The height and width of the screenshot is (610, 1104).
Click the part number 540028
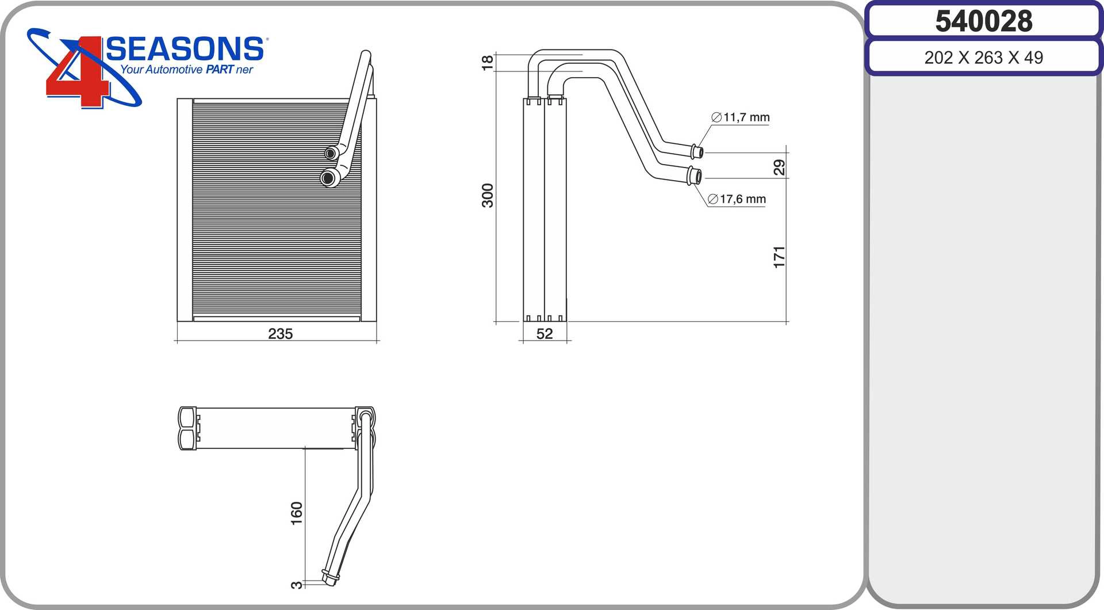click(983, 21)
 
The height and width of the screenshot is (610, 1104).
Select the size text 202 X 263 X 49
click(983, 58)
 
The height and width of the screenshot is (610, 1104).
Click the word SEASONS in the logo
click(185, 49)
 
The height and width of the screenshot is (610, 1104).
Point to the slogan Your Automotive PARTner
click(186, 70)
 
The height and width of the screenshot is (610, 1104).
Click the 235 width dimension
click(280, 334)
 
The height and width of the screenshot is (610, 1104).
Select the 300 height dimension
click(488, 195)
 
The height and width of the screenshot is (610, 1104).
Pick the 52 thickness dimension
click(544, 334)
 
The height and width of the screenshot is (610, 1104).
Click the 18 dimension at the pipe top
click(488, 62)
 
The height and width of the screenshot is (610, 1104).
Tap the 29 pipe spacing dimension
click(779, 167)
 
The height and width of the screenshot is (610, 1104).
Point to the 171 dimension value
click(779, 257)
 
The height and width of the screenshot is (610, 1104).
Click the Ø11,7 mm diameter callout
click(741, 117)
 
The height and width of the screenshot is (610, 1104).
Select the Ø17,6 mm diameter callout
click(737, 199)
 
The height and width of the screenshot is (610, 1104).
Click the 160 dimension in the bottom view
click(296, 513)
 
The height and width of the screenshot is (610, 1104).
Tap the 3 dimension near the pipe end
click(296, 585)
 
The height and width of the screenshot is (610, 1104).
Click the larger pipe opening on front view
click(328, 178)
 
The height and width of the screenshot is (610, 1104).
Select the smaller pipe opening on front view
click(331, 153)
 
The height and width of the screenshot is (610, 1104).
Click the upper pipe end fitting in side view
click(697, 151)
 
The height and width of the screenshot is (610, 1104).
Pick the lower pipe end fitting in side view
click(695, 175)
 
